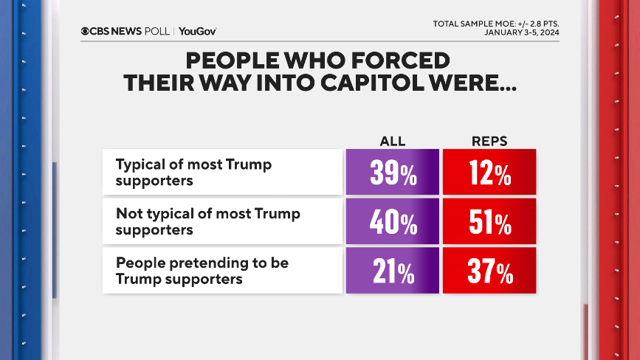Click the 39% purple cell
pyautogui.click(x=392, y=173)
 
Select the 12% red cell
pyautogui.click(x=489, y=173)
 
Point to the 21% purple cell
pyautogui.click(x=392, y=271)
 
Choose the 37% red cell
pyautogui.click(x=489, y=271)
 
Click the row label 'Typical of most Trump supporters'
pyautogui.click(x=193, y=172)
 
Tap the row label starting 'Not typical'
pyautogui.click(x=208, y=221)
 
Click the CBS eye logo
pyautogui.click(x=86, y=31)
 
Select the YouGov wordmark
pyautogui.click(x=197, y=31)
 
